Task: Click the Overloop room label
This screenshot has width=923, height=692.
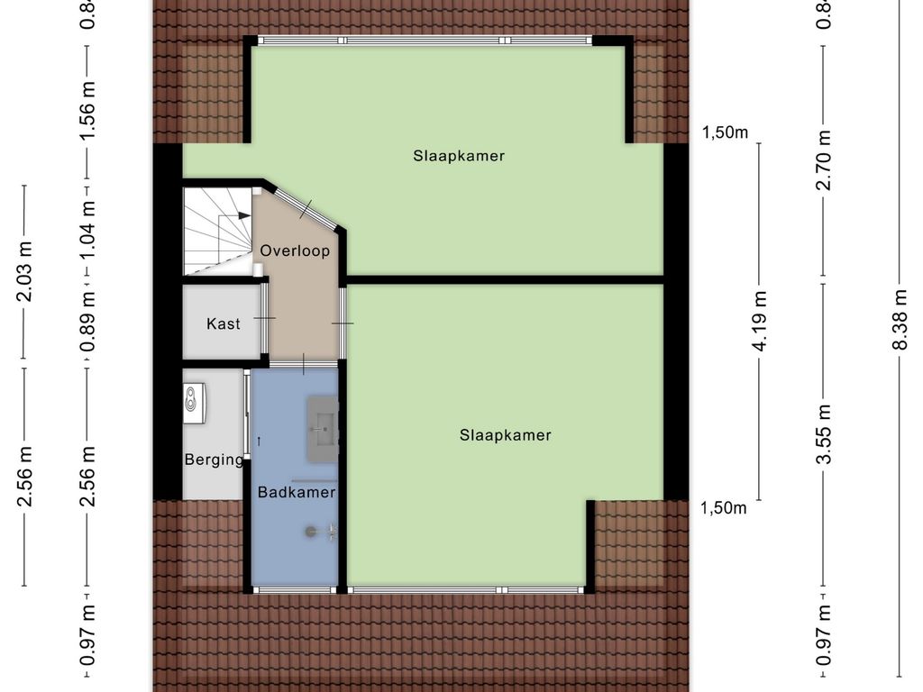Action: click(x=295, y=250)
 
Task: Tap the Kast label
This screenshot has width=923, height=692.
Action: click(x=224, y=323)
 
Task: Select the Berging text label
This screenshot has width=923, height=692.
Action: click(x=214, y=460)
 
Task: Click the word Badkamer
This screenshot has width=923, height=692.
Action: click(x=297, y=492)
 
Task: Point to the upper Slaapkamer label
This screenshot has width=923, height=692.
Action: click(x=459, y=156)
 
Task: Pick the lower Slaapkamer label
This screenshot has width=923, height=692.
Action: click(x=505, y=435)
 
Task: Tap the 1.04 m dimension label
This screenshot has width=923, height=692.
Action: click(x=87, y=227)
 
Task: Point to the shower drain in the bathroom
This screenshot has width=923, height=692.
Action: click(x=311, y=532)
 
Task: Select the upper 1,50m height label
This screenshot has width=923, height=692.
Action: click(x=726, y=133)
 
